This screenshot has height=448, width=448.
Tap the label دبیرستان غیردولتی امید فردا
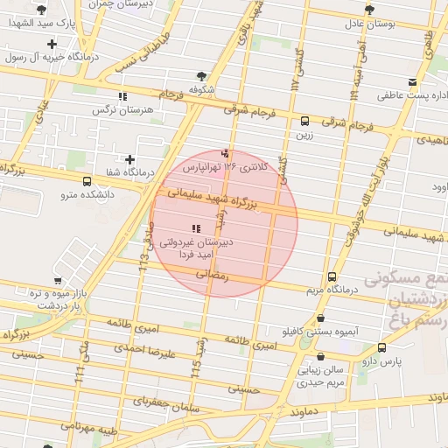pyautogui.click(x=194, y=247)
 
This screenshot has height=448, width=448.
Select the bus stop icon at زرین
pyautogui.click(x=304, y=122)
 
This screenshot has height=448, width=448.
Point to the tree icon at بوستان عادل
pyautogui.click(x=369, y=10)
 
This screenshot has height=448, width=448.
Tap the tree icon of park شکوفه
pyautogui.click(x=202, y=76)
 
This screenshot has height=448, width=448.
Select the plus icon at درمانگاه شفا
pyautogui.click(x=130, y=159)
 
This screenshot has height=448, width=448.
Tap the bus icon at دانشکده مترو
pyautogui.click(x=86, y=181)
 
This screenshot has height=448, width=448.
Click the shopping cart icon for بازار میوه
pyautogui.click(x=58, y=281)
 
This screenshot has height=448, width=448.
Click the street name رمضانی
pyautogui.click(x=213, y=274)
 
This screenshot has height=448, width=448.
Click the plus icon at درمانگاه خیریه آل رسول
pyautogui.click(x=52, y=44)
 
